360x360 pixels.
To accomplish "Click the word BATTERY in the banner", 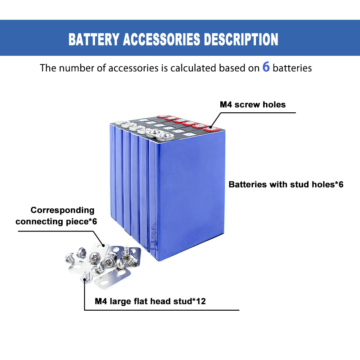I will [94, 39].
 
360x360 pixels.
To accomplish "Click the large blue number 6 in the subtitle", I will [266, 67].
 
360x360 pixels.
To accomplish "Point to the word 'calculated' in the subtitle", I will [194, 68].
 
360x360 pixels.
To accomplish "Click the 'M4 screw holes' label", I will [253, 105].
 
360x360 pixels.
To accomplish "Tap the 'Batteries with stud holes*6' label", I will [286, 185].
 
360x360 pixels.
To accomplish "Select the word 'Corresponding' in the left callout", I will [62, 210].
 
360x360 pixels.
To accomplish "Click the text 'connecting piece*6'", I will [56, 221].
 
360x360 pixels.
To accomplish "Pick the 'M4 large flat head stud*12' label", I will [150, 301].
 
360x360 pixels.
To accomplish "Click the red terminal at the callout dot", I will [210, 128].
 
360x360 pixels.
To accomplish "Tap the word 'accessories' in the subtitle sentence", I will [133, 68].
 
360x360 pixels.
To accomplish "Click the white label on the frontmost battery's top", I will [190, 134].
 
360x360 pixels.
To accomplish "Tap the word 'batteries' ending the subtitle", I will [292, 68].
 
